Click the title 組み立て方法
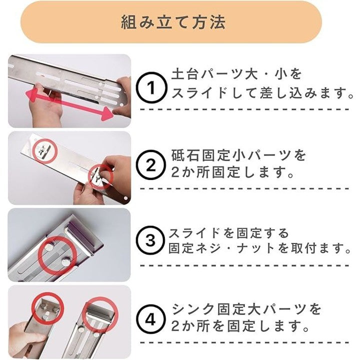(x=173, y=22)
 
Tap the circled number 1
(x=150, y=87)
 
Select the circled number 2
(x=150, y=165)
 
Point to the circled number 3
(x=150, y=240)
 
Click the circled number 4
(x=150, y=319)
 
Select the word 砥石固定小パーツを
(x=238, y=155)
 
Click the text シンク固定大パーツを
(x=246, y=309)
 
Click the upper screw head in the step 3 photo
(x=49, y=247)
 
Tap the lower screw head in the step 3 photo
(x=65, y=261)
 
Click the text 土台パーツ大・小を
(x=236, y=74)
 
